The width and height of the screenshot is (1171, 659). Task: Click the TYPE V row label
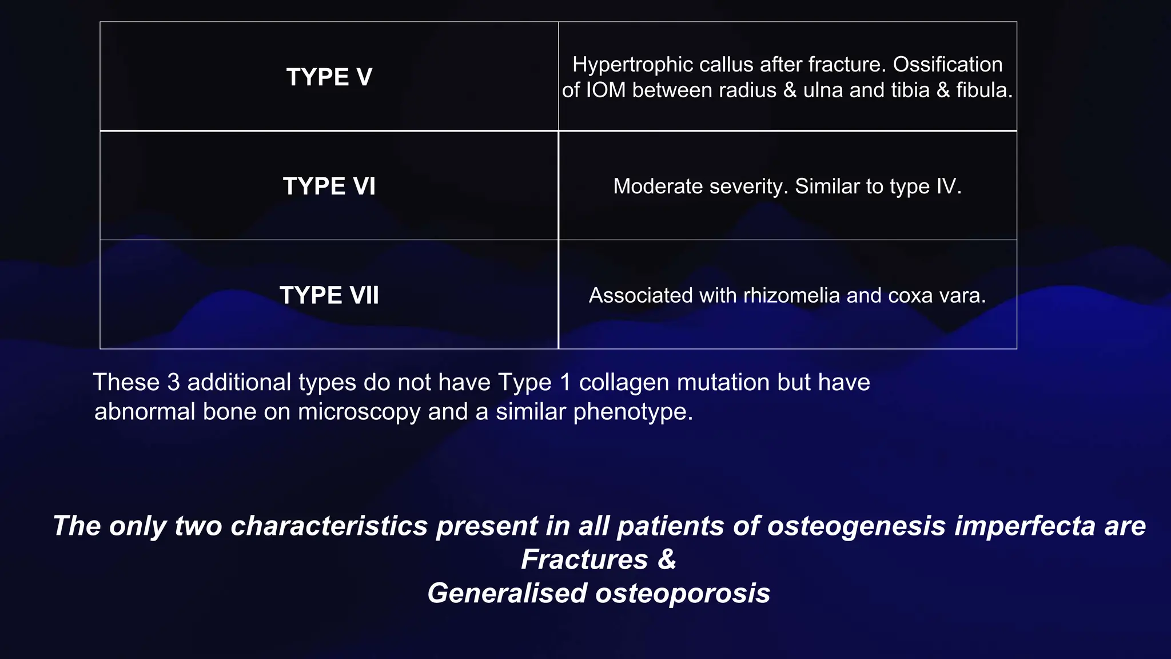click(x=329, y=77)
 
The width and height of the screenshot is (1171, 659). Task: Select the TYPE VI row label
click(x=329, y=186)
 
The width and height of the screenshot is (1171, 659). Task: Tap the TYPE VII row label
click(x=329, y=296)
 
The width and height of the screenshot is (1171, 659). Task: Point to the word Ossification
click(x=947, y=65)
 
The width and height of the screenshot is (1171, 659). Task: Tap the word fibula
click(x=984, y=90)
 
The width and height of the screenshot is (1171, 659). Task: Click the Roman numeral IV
click(x=947, y=186)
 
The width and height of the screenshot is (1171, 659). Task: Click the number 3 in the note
click(x=173, y=382)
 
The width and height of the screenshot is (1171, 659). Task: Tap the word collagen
click(x=624, y=382)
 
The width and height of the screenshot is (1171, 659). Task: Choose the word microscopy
click(x=359, y=412)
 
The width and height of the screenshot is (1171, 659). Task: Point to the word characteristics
click(x=329, y=526)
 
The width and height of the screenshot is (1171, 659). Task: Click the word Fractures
click(x=584, y=559)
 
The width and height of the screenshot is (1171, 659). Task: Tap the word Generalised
click(x=507, y=593)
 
